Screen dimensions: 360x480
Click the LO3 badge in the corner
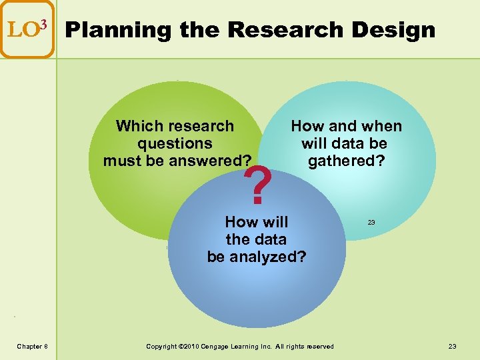coord(27,29)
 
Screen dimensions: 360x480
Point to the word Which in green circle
coord(137,126)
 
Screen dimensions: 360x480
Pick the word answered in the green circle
coord(210,161)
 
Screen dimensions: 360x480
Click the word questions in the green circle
coord(175,143)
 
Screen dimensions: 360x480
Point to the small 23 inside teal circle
coord(371,222)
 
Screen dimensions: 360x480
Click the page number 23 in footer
coord(453,346)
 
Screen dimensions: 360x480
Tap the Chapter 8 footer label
coord(32,346)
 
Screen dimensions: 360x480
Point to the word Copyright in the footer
coord(162,346)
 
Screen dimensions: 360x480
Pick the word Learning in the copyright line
coord(256,346)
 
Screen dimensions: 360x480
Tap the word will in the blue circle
coord(274,222)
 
